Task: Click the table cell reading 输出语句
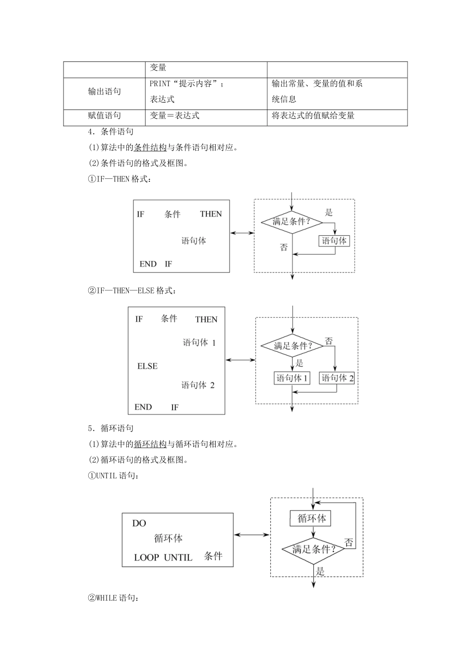104,92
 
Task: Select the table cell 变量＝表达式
175,115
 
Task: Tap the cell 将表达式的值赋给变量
313,115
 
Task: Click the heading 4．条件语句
111,131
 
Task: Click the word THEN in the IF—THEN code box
211,214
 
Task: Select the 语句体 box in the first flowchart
334,241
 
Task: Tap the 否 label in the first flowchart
284,247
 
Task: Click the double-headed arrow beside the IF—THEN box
242,233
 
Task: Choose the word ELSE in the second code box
147,366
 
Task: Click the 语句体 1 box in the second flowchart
292,378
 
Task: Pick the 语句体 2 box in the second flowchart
337,378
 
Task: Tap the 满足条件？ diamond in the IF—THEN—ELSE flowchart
293,346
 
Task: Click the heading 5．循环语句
111,428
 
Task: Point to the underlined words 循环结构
150,444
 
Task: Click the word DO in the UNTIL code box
139,523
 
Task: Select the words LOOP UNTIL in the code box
163,557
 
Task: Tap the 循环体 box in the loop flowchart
311,519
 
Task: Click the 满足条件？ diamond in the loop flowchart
313,550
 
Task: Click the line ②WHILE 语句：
114,598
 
